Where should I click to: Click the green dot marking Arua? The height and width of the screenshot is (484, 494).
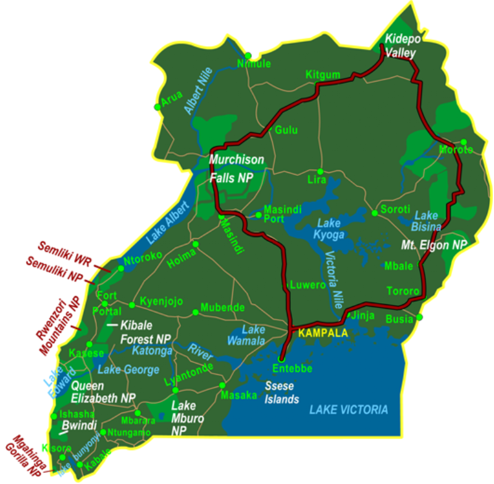(157, 107)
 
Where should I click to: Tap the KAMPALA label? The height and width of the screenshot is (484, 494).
(323, 333)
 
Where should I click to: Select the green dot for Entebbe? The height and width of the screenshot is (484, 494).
(281, 359)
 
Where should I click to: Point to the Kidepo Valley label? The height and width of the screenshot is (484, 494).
(402, 46)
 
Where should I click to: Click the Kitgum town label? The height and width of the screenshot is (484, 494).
(323, 75)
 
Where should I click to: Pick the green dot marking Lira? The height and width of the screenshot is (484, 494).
(320, 171)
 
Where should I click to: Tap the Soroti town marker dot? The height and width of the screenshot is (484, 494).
(374, 213)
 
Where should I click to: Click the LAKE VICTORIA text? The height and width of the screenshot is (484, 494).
(349, 409)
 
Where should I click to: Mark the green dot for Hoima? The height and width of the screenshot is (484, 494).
(196, 244)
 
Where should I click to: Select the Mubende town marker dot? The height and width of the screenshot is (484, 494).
(196, 312)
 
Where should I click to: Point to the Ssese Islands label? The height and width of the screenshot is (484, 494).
(282, 393)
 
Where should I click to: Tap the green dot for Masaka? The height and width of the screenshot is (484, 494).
(222, 385)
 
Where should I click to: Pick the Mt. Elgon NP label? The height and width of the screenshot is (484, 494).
(434, 244)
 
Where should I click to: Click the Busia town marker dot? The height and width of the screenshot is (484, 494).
(419, 317)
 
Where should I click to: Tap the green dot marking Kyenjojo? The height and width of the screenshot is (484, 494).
(132, 305)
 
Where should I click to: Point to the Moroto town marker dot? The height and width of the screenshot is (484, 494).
(464, 142)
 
